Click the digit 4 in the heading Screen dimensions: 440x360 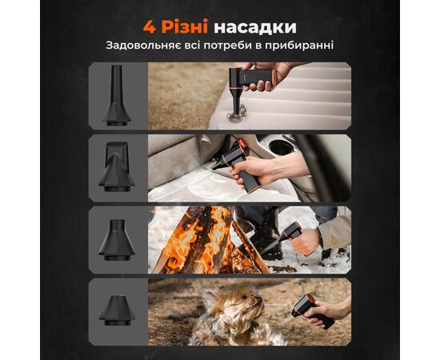(149, 27)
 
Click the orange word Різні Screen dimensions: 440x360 (185, 26)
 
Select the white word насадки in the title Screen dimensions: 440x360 (255, 27)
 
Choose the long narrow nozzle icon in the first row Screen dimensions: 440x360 (117, 95)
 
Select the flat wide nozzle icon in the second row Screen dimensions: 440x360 (117, 166)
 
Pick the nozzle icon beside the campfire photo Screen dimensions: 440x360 (117, 240)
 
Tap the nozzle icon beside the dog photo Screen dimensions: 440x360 (117, 310)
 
